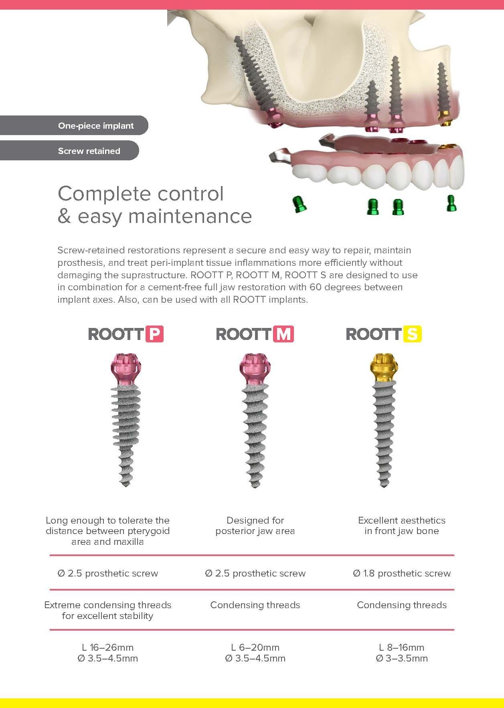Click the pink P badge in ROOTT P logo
pyautogui.click(x=154, y=334)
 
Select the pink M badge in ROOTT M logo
pyautogui.click(x=283, y=334)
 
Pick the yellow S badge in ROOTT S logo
pyautogui.click(x=413, y=334)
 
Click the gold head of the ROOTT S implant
pyautogui.click(x=384, y=367)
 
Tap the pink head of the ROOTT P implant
pyautogui.click(x=126, y=367)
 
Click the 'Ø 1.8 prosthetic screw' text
pyautogui.click(x=402, y=573)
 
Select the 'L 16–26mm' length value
pyautogui.click(x=107, y=647)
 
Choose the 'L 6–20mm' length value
pyautogui.click(x=255, y=647)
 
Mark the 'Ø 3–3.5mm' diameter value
pyautogui.click(x=402, y=658)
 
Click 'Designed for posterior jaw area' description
pyautogui.click(x=255, y=526)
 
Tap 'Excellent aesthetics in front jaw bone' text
pyautogui.click(x=402, y=526)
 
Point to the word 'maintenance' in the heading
pyautogui.click(x=190, y=216)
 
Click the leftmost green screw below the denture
pyautogui.click(x=299, y=204)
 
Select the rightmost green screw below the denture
pyautogui.click(x=451, y=203)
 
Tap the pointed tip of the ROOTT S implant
pyautogui.click(x=384, y=485)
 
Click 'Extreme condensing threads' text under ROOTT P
pyautogui.click(x=107, y=605)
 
